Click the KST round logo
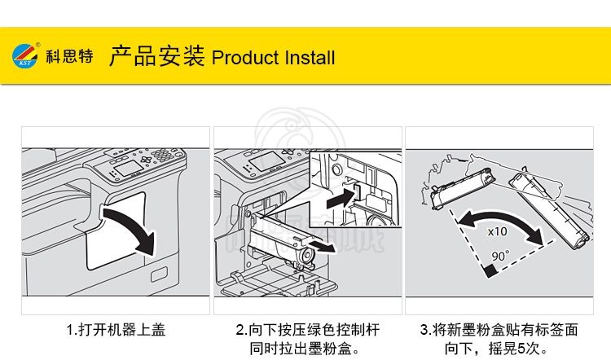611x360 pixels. (x=25, y=55)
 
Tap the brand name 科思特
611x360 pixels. (x=70, y=56)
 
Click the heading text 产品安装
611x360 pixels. (x=156, y=55)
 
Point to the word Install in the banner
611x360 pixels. (x=310, y=58)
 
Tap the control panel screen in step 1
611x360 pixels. (x=129, y=169)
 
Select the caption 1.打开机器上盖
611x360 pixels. (x=116, y=330)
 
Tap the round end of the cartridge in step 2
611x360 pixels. (x=307, y=257)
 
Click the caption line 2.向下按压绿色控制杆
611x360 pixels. (x=307, y=330)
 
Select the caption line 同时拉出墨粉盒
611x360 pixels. (x=305, y=348)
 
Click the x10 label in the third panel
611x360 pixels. (x=497, y=232)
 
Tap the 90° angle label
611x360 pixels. (x=500, y=256)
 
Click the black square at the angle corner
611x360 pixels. (x=490, y=270)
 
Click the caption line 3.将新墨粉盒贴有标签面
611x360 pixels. (x=499, y=330)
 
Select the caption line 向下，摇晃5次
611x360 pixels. (x=496, y=348)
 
